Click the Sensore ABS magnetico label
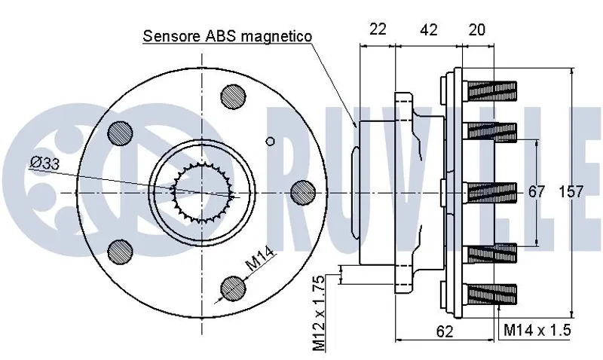click(x=228, y=36)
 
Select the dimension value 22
click(x=377, y=29)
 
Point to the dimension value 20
click(x=476, y=29)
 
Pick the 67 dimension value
click(x=536, y=192)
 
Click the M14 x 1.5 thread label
click(x=537, y=330)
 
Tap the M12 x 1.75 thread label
click(x=320, y=313)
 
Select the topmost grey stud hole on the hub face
click(x=232, y=96)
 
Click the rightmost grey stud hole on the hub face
click(x=302, y=192)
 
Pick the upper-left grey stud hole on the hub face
click(x=120, y=133)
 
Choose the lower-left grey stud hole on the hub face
click(x=120, y=251)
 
